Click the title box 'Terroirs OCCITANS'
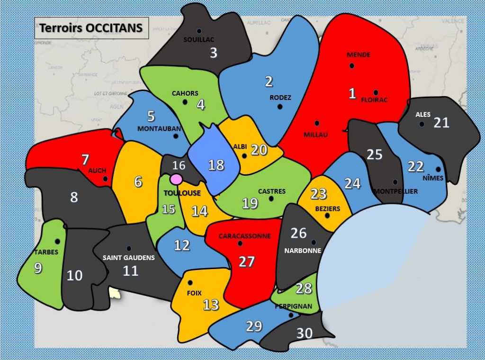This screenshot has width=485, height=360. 91,28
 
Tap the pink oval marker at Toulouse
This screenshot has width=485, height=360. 176,179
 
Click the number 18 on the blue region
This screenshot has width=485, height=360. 216,164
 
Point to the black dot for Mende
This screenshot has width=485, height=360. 352,65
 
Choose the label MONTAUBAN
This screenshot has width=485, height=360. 159,128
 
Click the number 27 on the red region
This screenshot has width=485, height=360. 247,261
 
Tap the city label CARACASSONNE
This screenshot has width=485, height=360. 244,236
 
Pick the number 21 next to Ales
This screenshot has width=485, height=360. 441,122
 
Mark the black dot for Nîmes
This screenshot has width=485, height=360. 438,169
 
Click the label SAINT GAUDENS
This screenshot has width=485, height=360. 129,258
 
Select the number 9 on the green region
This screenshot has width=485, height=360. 38,268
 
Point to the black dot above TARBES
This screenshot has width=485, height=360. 57,242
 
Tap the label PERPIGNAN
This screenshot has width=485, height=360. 293,306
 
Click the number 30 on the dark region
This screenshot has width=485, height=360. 305,333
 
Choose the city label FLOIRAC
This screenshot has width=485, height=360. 374,100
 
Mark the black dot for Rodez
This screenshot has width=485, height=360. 279,106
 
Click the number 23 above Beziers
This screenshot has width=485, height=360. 319,194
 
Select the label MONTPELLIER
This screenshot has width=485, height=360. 396,191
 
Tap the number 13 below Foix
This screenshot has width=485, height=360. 211,305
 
